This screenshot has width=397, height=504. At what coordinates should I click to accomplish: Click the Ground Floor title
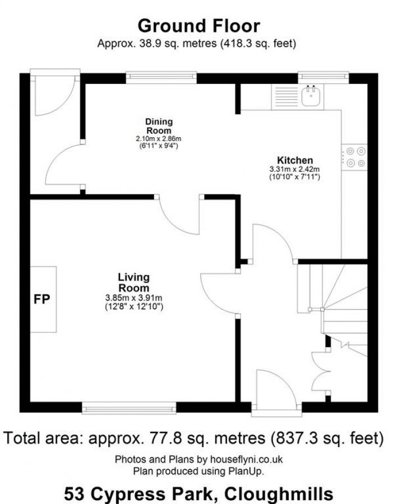click(198, 26)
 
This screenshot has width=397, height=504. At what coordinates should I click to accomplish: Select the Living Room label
click(133, 282)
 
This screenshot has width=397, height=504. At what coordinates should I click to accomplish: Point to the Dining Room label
click(159, 126)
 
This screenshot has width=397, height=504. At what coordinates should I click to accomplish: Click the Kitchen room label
click(294, 160)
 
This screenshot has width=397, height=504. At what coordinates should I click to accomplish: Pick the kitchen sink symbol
click(310, 96)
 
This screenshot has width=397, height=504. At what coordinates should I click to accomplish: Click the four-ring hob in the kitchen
click(354, 156)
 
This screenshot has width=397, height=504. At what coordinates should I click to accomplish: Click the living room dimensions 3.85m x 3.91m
click(133, 297)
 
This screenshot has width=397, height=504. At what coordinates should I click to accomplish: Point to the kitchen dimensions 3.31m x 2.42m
click(294, 169)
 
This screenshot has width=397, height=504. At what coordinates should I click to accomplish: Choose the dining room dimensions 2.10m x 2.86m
click(159, 138)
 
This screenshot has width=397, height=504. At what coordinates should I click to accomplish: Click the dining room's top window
click(161, 77)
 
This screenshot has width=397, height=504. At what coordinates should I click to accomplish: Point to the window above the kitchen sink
click(322, 77)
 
